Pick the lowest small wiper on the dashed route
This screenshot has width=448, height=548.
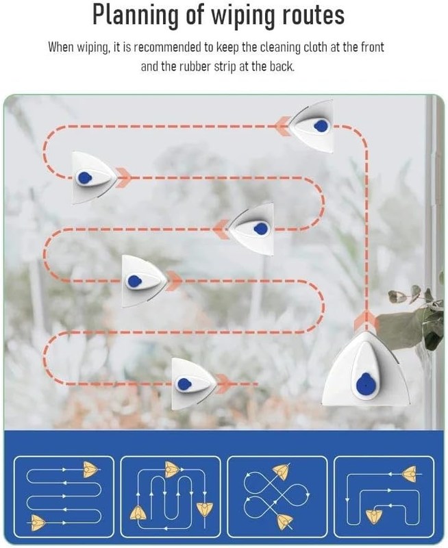click(194, 384)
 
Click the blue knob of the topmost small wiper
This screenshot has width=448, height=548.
click(321, 126)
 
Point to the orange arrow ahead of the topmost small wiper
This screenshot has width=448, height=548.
click(283, 126)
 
